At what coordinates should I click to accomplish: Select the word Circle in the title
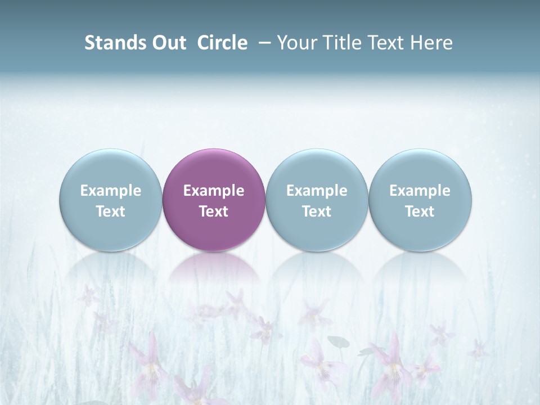[x=222, y=43]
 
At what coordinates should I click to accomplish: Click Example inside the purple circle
[x=214, y=191]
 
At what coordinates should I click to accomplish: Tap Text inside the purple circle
[x=214, y=211]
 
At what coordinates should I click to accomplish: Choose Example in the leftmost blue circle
[x=111, y=191]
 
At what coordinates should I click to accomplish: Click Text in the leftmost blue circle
[x=111, y=211]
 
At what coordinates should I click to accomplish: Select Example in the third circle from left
[x=317, y=191]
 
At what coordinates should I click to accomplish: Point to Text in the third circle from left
[x=317, y=211]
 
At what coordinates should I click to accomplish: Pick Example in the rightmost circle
[x=420, y=191]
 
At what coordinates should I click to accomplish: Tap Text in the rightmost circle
[x=420, y=211]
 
